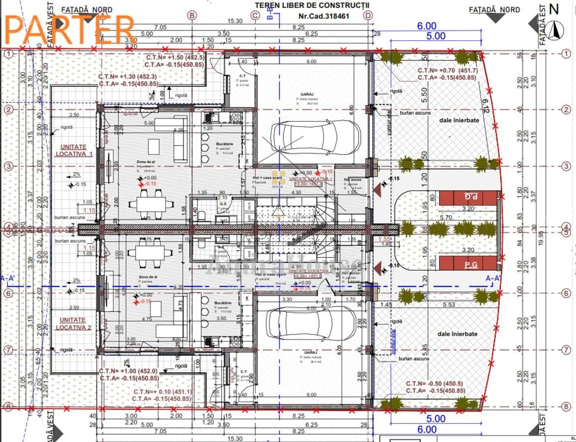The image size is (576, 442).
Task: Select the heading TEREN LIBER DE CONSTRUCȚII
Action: tap(312, 5)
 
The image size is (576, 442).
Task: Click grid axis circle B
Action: tap(192, 16)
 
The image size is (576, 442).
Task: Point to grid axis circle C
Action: tap(255, 16)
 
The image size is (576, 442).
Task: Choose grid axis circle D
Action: tap(368, 16)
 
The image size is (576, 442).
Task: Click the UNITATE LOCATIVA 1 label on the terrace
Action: tap(74, 150)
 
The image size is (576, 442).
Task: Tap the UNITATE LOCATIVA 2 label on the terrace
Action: tap(73, 324)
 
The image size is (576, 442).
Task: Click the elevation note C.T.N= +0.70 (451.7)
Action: tap(447, 71)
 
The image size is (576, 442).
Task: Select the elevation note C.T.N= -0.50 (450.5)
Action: tap(435, 383)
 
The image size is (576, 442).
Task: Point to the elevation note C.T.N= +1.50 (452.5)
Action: tap(175, 57)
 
